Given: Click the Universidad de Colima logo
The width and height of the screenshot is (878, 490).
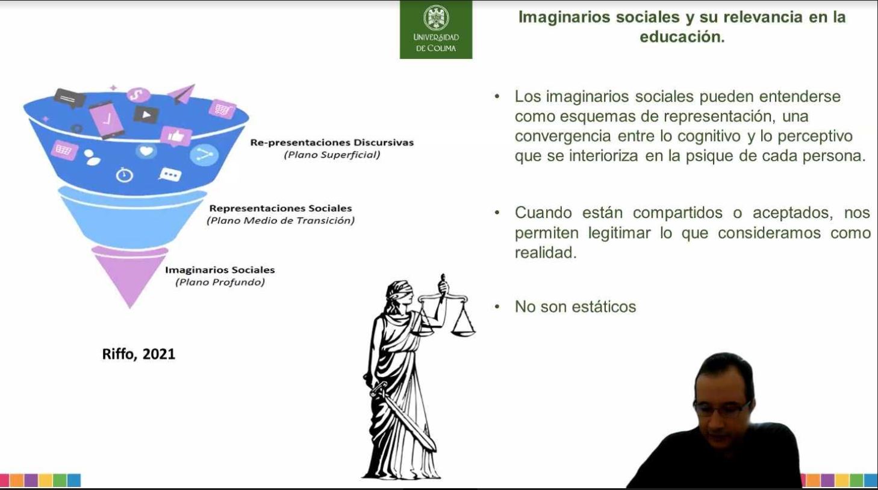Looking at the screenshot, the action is [x=436, y=29].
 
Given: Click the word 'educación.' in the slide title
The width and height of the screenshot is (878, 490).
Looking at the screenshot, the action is [x=682, y=37].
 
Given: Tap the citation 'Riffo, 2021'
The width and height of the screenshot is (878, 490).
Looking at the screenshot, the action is [x=139, y=354].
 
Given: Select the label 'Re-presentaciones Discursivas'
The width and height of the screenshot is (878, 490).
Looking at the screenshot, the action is [x=332, y=142].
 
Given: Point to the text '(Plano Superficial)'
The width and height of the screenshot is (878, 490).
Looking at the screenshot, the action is [x=332, y=155].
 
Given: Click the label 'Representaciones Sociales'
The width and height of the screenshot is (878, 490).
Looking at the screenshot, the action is [x=281, y=208].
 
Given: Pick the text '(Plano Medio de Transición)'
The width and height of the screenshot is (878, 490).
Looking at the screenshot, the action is [x=281, y=220].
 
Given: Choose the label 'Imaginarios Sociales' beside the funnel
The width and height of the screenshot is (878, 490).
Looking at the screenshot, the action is [x=220, y=270].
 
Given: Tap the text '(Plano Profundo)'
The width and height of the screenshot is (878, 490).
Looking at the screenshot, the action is [x=220, y=282].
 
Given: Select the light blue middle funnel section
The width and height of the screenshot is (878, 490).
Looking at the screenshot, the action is [x=132, y=219].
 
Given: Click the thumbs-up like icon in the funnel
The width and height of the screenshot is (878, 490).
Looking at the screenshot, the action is [x=176, y=136].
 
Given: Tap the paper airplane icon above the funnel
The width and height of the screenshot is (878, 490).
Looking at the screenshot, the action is [x=182, y=94].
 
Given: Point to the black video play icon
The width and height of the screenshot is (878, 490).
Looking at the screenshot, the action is [x=146, y=115].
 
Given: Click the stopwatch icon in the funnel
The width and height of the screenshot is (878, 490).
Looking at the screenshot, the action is [x=124, y=175].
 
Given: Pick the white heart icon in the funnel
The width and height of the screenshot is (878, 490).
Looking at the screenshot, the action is [x=146, y=151].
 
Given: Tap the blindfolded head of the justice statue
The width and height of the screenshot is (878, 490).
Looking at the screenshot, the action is [x=400, y=292].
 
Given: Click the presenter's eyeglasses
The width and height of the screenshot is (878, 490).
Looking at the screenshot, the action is [x=721, y=408].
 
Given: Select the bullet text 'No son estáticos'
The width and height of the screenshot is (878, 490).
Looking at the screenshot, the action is [x=576, y=306].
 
